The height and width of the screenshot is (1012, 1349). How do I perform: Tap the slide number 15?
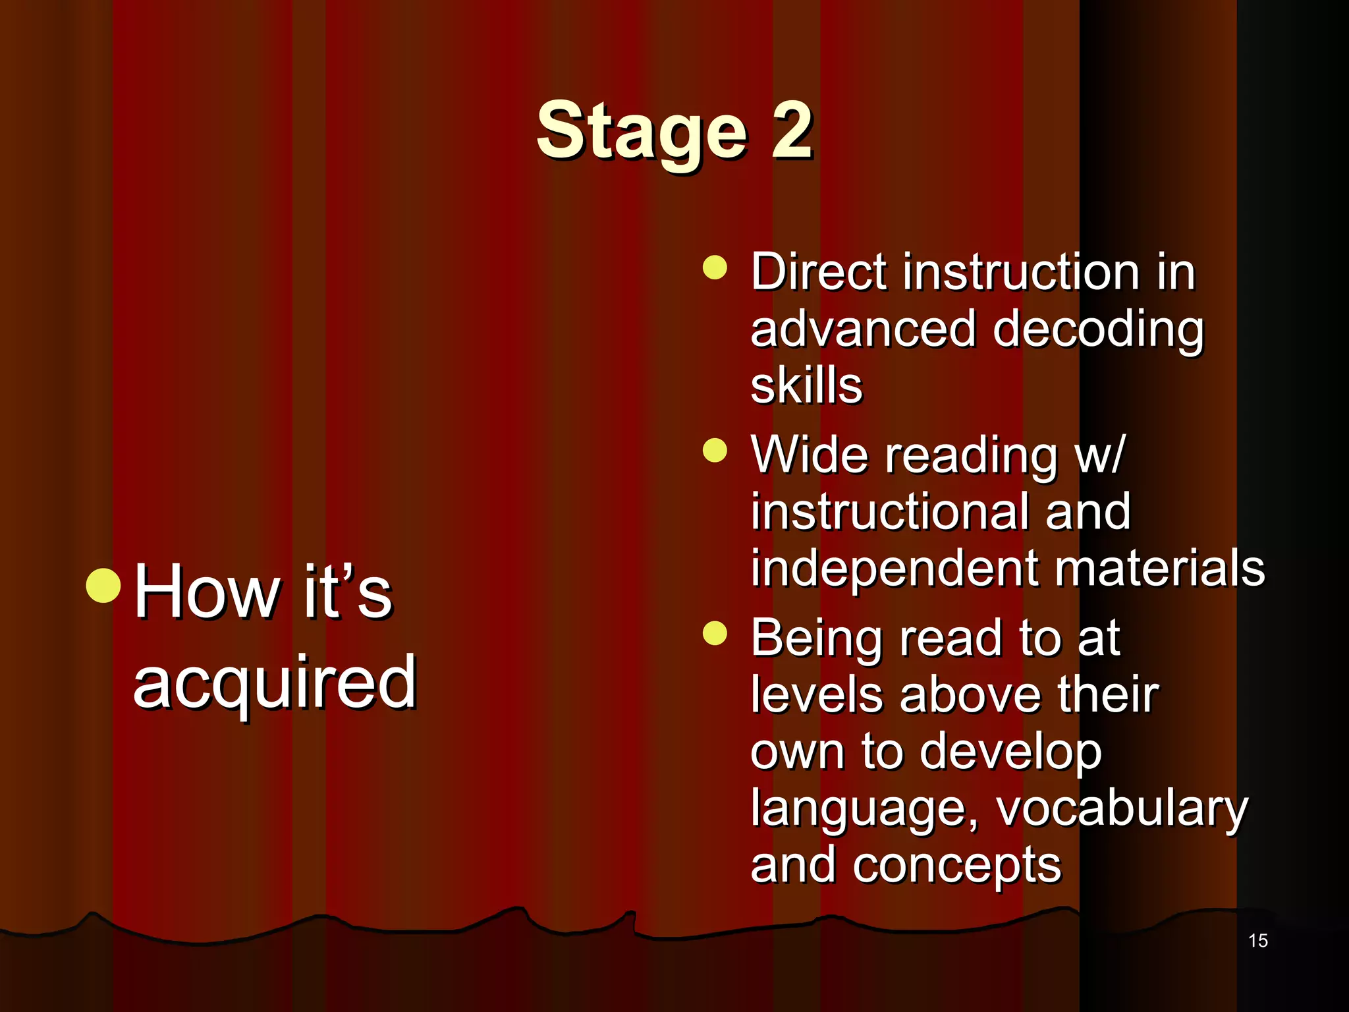pos(1257,940)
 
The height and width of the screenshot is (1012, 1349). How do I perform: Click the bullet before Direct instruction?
pos(715,267)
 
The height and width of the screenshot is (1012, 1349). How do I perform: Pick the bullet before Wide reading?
pos(715,451)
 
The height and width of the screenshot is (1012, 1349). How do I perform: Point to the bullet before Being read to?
pos(715,634)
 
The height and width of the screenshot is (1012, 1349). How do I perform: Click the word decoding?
pos(1097,331)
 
